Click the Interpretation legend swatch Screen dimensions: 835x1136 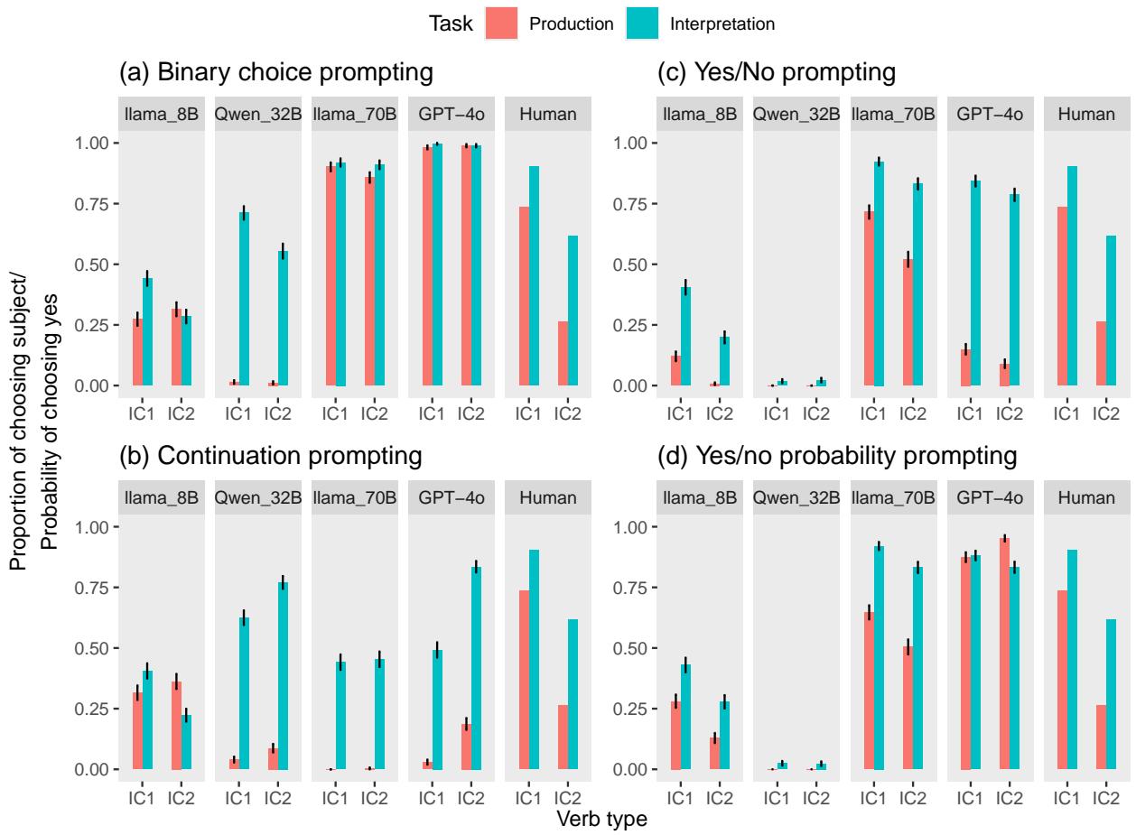[x=642, y=24]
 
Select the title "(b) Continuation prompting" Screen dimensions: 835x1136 [x=271, y=456]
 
